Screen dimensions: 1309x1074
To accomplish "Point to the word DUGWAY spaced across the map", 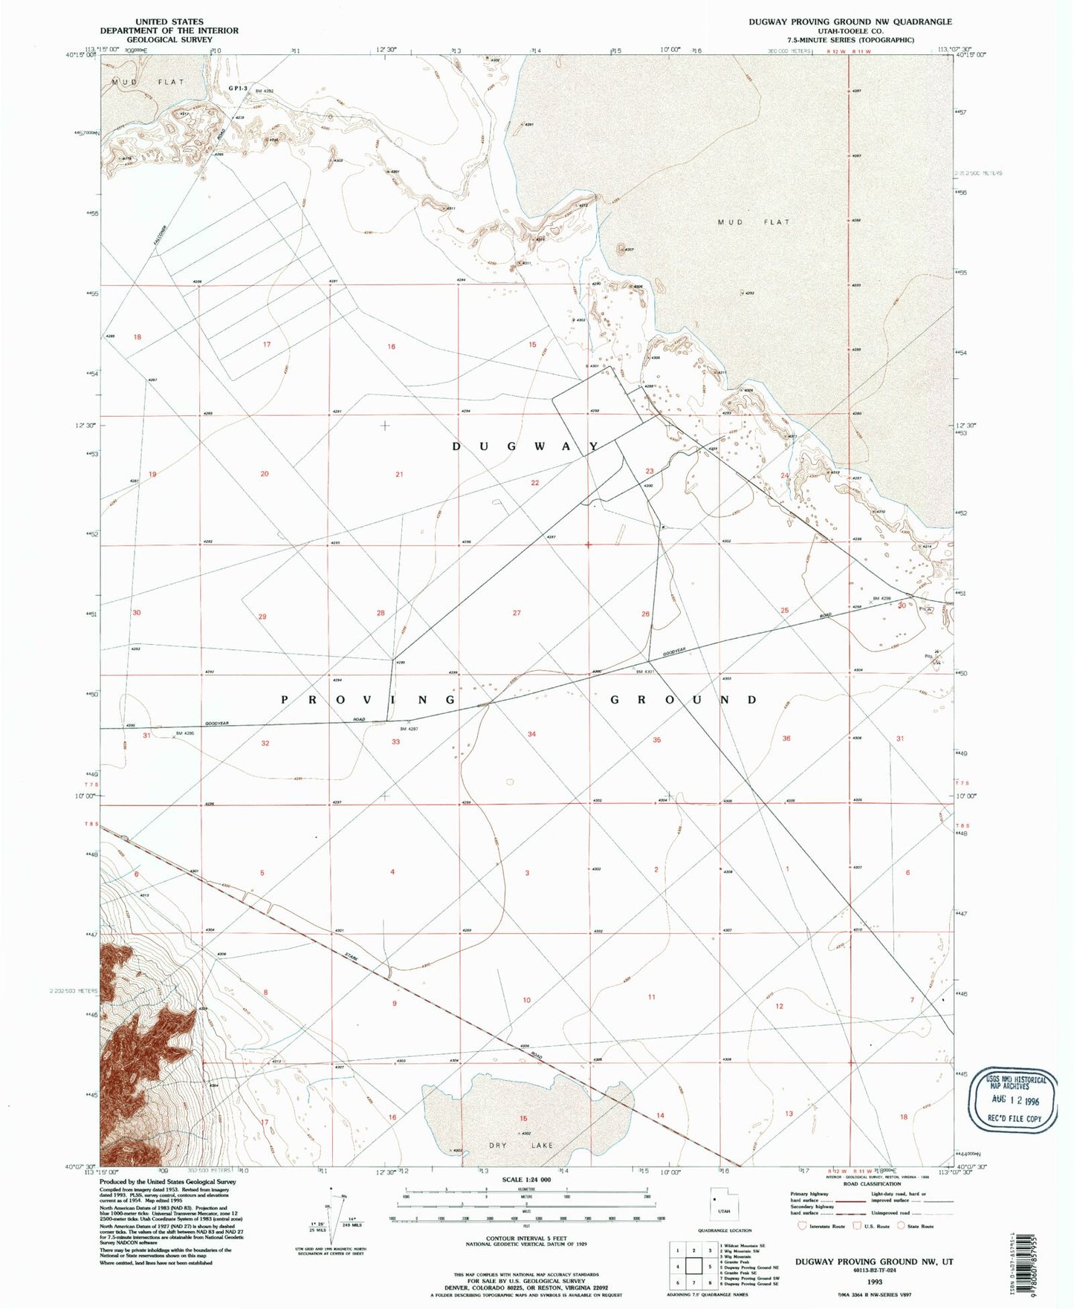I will click(526, 446).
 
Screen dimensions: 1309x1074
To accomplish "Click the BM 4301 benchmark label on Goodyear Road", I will click(644, 672).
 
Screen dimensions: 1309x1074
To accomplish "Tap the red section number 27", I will click(517, 613).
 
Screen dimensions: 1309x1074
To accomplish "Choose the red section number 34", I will click(531, 734).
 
